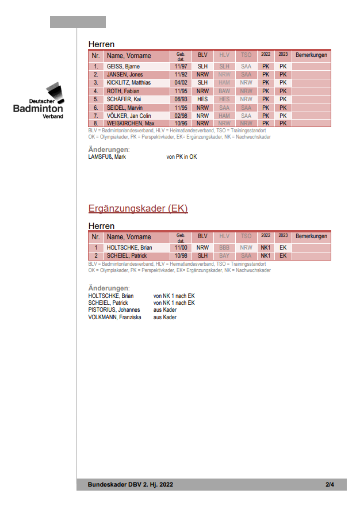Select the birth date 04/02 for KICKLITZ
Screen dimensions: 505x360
coord(181,83)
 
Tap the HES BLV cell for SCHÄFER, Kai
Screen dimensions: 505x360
coord(202,99)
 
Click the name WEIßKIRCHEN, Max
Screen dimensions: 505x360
coord(131,124)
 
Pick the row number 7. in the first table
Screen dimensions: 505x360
coord(95,116)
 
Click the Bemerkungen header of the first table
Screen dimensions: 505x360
coord(311,55)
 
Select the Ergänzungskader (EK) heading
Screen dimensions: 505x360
coord(138,208)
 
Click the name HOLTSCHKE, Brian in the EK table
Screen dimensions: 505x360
coord(129,248)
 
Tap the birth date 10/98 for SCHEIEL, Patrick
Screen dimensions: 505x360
coord(181,256)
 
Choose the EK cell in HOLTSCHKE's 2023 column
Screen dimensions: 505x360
coord(283,248)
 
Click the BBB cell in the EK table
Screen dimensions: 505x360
coord(224,248)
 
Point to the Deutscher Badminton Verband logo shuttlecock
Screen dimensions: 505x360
coord(53,90)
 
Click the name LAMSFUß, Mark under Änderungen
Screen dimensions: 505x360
coord(107,156)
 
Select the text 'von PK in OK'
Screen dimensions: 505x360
coord(182,156)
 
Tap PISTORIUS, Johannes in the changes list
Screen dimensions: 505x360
coord(114,310)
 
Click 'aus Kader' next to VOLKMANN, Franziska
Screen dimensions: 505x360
coord(165,317)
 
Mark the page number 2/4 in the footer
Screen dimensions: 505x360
coord(330,485)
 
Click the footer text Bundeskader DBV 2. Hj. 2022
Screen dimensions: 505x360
coord(131,485)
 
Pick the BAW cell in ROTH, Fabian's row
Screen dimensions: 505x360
coord(224,91)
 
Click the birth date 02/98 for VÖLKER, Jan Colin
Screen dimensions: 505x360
coord(181,116)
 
